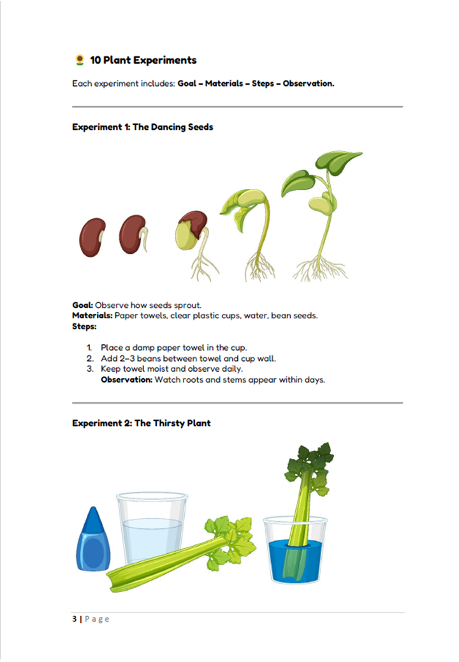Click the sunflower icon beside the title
coord(80,60)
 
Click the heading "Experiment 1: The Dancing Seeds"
coord(143,127)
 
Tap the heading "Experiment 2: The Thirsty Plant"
coord(142,423)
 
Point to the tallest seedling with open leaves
coord(322,210)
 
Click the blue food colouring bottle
coord(93,541)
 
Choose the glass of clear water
coord(152,532)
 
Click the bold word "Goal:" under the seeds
coord(83,306)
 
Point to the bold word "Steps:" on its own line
coord(84,327)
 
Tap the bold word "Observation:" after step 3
coord(126,380)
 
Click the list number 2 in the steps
coord(90,358)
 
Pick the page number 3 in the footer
coord(74,619)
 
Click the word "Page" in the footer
coord(98,619)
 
